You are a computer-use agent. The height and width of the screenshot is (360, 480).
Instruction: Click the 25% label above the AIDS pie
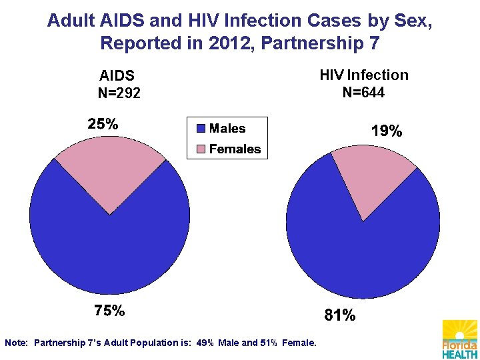[x=103, y=124]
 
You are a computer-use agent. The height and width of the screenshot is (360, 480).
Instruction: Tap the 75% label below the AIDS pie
[x=109, y=310]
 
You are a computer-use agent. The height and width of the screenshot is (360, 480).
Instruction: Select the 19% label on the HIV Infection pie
[x=387, y=131]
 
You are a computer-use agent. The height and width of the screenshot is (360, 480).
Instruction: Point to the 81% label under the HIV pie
[x=340, y=315]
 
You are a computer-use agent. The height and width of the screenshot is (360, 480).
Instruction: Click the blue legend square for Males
[x=201, y=128]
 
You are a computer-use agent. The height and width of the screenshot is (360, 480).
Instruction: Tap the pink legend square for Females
[x=201, y=149]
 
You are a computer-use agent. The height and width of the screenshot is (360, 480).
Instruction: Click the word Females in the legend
[x=235, y=149]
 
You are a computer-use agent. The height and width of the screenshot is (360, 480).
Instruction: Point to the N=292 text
[x=119, y=93]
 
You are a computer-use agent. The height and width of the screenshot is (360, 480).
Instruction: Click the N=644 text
[x=364, y=92]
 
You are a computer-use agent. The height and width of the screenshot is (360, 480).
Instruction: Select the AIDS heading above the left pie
[x=117, y=75]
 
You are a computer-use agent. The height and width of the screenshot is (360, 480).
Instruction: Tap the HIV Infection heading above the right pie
[x=364, y=75]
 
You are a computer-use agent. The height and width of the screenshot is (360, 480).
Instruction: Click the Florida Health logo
[x=460, y=339]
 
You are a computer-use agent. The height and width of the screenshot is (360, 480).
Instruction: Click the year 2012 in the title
[x=229, y=43]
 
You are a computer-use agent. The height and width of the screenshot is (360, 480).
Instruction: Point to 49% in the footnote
[x=205, y=343]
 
